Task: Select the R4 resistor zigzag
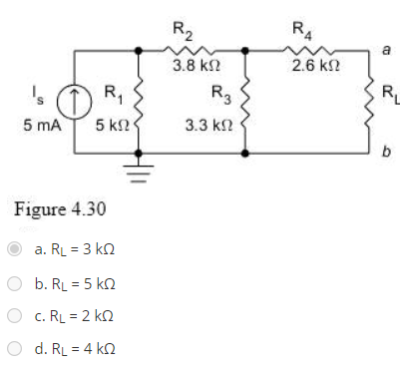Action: coord(298,46)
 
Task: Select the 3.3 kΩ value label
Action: coord(205,128)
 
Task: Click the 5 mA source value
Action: coord(36,128)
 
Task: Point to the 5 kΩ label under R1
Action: coord(112,128)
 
